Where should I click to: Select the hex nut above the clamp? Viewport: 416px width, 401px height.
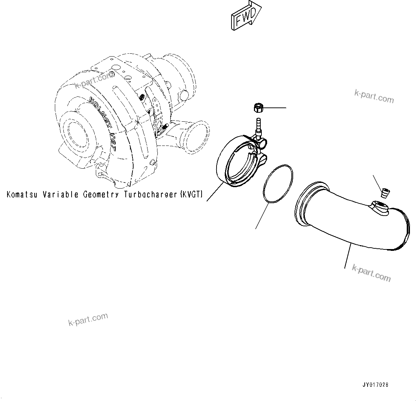point(258,107)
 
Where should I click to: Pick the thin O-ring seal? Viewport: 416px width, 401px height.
point(278,184)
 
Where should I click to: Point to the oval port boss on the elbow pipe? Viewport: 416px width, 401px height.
point(380,207)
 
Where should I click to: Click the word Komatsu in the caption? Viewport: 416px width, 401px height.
point(22,195)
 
